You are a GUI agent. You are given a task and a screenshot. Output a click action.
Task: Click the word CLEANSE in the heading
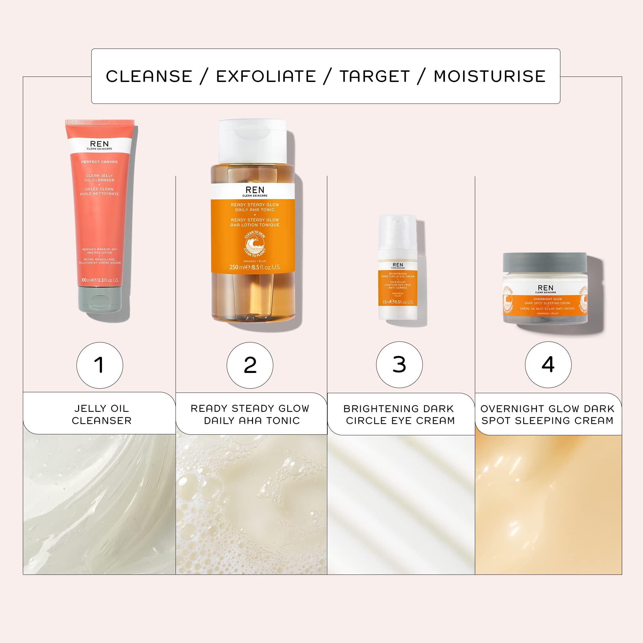(149, 76)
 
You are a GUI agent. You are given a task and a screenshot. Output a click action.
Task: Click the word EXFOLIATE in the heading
(266, 76)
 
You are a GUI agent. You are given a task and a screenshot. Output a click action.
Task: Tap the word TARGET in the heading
(375, 76)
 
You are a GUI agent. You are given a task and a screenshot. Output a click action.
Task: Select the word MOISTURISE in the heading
(490, 76)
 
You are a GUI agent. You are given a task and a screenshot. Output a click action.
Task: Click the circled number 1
(100, 365)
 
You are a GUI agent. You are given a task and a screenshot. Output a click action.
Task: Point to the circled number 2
(250, 365)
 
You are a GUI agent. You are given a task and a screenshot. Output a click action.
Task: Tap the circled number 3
(399, 365)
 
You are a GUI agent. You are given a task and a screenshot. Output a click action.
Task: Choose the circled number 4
(548, 365)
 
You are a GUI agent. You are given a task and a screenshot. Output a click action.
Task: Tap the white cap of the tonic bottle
(252, 140)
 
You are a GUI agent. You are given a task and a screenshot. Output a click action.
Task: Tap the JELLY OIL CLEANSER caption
(102, 414)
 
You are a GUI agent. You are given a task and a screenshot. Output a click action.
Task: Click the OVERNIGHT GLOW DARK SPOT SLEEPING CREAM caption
(547, 414)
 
